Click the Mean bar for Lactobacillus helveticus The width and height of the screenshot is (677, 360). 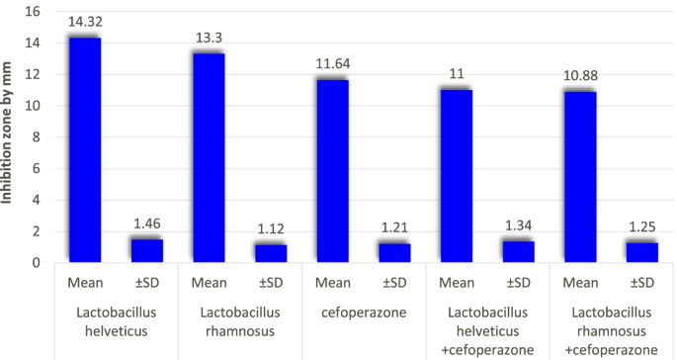pos(84,150)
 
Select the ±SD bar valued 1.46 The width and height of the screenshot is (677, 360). pos(146,251)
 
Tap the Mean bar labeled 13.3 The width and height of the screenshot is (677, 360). pos(208,158)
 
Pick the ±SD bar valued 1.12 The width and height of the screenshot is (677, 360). pos(270,253)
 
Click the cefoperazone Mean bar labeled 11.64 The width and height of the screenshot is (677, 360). pos(332,171)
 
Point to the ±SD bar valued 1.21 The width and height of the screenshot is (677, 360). pos(394,253)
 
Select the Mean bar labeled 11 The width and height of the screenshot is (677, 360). pos(457,176)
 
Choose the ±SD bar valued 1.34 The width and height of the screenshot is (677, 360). pos(518,252)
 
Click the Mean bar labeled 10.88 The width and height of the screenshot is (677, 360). pos(580,177)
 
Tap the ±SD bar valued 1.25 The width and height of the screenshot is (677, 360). pos(642,252)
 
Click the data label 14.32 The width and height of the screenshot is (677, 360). pos(84,22)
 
